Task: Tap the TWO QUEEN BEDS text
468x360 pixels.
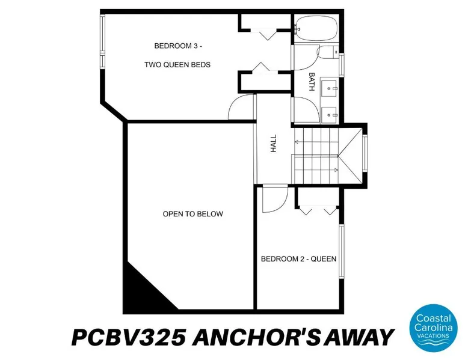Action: click(x=177, y=65)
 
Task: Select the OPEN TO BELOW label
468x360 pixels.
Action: click(x=193, y=214)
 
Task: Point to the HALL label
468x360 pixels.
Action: click(x=273, y=143)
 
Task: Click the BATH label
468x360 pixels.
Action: click(x=312, y=81)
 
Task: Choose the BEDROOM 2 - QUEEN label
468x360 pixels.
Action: click(x=298, y=258)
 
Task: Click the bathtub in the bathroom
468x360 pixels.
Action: click(x=316, y=28)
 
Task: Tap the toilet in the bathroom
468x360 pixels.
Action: click(x=328, y=52)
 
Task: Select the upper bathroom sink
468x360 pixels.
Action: click(x=329, y=88)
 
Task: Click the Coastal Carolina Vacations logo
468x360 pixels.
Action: click(x=433, y=328)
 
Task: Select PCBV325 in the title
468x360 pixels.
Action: click(x=129, y=337)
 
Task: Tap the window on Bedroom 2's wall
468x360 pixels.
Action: click(x=342, y=251)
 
